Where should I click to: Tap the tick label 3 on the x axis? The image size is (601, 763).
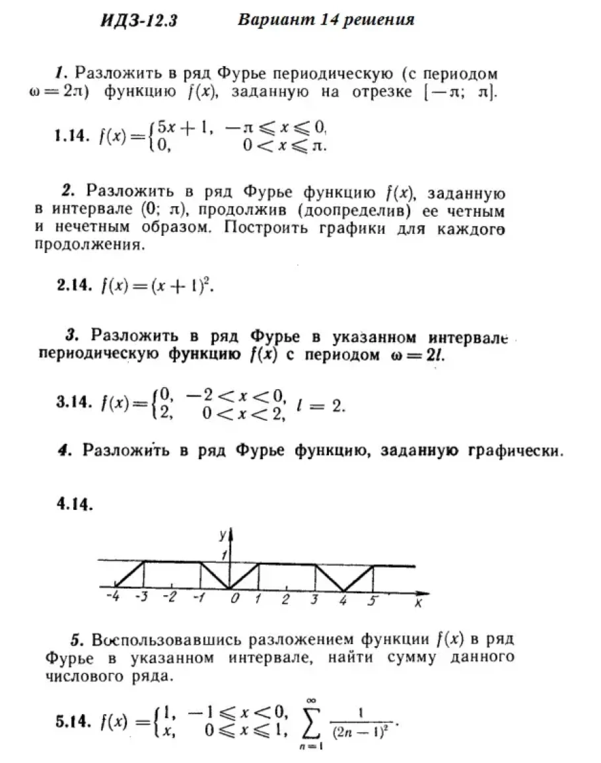coord(314,600)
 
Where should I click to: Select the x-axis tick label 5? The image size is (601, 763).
coord(372,600)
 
